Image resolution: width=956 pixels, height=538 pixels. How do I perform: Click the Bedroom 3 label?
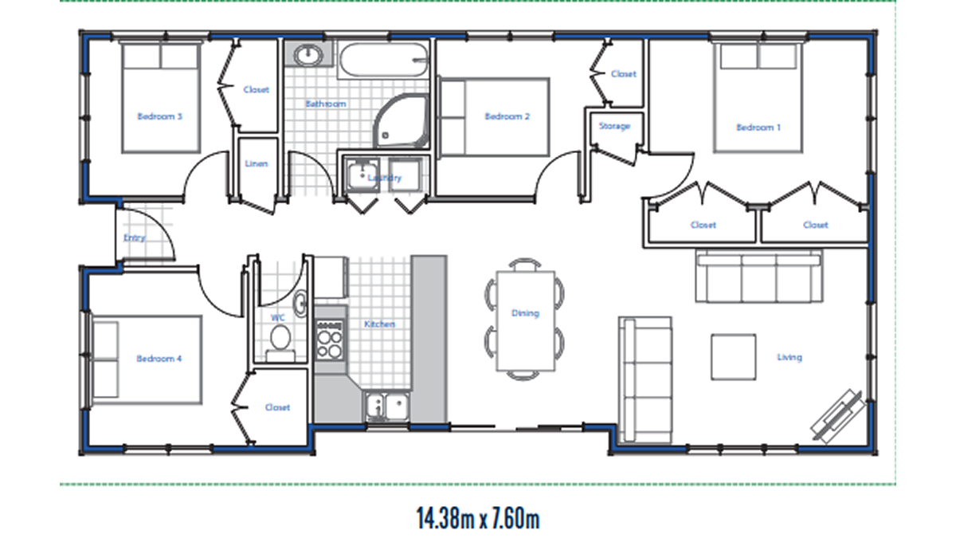coord(159,116)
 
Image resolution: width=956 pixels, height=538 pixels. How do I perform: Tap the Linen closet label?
coord(256,163)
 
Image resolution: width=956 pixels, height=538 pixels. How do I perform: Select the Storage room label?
coord(614,126)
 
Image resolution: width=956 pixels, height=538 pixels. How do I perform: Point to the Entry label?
coord(135,238)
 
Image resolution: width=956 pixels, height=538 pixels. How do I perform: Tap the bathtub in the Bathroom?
coord(384,60)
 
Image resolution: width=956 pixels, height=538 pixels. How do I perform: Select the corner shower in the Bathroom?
coord(402,122)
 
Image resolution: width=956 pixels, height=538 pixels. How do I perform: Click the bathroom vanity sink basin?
coord(308,55)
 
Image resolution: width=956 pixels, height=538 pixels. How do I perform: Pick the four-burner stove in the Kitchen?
coord(330,340)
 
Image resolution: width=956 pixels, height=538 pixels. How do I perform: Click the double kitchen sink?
coord(387,406)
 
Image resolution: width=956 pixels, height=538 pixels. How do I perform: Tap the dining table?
coord(526,320)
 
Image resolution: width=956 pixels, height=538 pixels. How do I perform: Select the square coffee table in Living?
coord(733,357)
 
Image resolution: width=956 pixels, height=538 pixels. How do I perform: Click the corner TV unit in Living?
coord(837,416)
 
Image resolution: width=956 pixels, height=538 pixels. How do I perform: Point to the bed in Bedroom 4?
coord(147,360)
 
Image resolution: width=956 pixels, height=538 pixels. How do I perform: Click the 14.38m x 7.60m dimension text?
coord(478,518)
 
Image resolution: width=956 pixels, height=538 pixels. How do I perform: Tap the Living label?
coord(789,357)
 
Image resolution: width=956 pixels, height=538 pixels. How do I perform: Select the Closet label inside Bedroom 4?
coord(277,407)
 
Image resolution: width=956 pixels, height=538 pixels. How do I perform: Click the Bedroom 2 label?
coord(507,116)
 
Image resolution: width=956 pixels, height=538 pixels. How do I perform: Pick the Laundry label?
coord(385,178)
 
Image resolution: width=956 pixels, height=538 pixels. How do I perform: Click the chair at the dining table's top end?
coord(525,264)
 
